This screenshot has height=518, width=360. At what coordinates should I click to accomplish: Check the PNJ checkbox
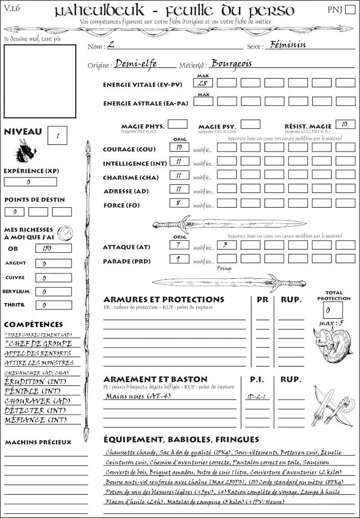coord(350,10)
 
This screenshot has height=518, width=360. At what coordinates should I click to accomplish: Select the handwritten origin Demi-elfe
coord(135,63)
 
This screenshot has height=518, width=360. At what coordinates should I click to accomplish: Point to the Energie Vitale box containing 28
coord(203,83)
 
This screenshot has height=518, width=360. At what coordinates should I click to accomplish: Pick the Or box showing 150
coord(53,248)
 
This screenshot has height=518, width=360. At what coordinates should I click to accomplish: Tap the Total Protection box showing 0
coord(333,310)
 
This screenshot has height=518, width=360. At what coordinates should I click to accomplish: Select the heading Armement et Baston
coord(155,379)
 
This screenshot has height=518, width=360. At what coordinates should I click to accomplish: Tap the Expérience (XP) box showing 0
coord(30,182)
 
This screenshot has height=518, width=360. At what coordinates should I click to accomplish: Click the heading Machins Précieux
coord(38,442)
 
